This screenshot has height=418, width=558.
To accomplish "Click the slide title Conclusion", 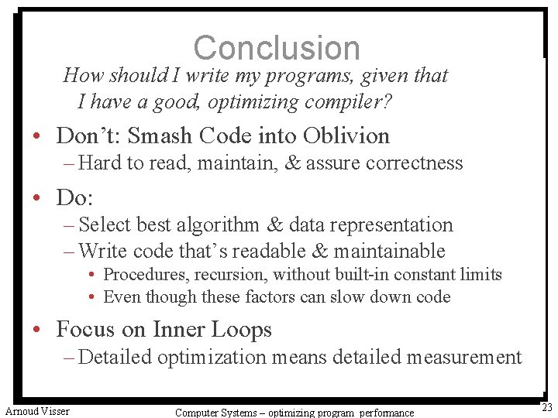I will (x=277, y=48).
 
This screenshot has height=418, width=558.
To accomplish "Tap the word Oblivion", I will (x=346, y=135).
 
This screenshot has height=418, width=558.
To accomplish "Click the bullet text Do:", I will (x=74, y=197).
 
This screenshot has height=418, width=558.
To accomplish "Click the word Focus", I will (x=85, y=329).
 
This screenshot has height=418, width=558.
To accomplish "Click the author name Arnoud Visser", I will (x=37, y=411).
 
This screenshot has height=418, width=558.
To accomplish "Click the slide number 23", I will (x=547, y=408).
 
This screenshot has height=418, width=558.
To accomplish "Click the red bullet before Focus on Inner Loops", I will (x=37, y=330).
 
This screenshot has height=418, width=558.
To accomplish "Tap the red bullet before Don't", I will (x=37, y=136).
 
